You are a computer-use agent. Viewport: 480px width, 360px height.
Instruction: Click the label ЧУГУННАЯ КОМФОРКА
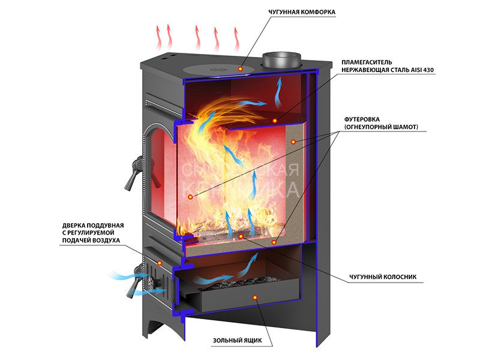(x=302, y=12)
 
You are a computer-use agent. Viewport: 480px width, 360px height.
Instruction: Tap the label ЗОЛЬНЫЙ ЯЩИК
(x=238, y=340)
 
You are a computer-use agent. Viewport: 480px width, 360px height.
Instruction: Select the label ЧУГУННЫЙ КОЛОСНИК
(x=383, y=277)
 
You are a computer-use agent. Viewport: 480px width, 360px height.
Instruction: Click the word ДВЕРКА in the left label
(x=71, y=226)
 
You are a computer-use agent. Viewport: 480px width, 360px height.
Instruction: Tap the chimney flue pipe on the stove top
(x=281, y=61)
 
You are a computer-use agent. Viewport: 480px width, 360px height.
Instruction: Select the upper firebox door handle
(x=134, y=173)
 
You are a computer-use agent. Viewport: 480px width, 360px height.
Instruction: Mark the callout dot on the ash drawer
(x=254, y=297)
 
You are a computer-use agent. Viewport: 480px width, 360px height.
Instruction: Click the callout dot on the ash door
(x=160, y=263)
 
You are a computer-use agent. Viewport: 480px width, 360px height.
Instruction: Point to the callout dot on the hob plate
(x=241, y=69)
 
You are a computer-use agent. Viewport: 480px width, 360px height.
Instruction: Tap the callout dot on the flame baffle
(x=275, y=121)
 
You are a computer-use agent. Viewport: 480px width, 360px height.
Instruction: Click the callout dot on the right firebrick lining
(x=293, y=142)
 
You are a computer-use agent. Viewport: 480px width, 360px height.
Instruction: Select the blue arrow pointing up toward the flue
(x=278, y=92)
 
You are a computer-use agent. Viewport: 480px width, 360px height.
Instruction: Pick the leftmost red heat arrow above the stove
(x=158, y=37)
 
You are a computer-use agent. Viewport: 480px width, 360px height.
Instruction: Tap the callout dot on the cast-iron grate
(x=241, y=236)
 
